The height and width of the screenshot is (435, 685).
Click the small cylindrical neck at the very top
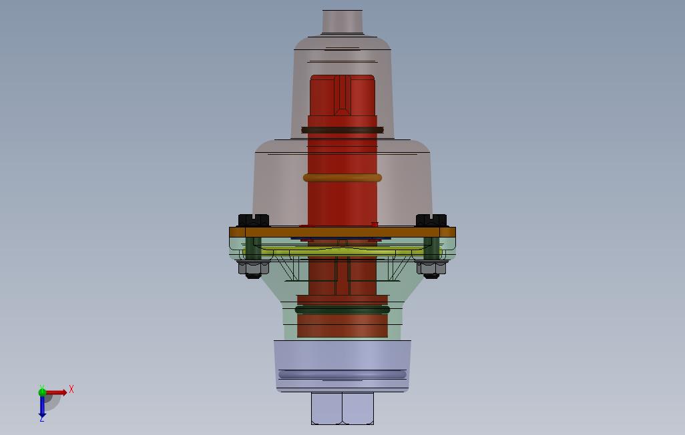(342, 21)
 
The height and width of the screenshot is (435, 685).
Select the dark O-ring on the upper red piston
(342, 130)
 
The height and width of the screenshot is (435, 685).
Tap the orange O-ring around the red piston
(342, 177)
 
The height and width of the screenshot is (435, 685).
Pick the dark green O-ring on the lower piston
(342, 310)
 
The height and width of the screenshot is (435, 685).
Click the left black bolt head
(254, 221)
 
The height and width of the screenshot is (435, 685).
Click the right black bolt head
(431, 221)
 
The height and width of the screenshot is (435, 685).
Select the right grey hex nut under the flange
(431, 270)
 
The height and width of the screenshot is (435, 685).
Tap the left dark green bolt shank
(254, 249)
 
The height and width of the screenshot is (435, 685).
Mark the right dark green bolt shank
(431, 249)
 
